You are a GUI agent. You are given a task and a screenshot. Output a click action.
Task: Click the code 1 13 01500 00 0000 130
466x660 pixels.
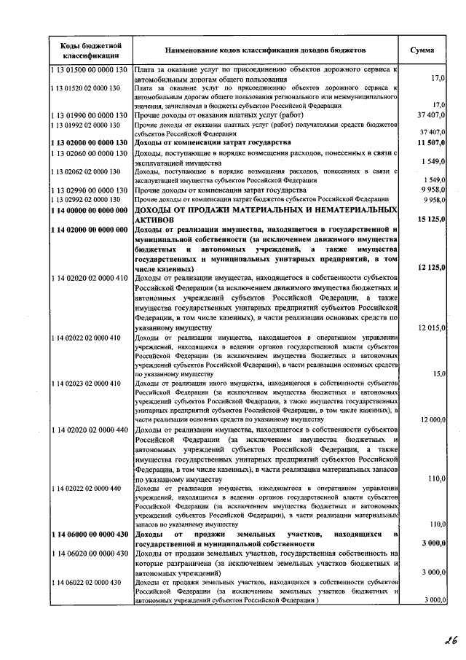click(90, 70)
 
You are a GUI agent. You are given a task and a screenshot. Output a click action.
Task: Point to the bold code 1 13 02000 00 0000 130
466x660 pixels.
click(90, 142)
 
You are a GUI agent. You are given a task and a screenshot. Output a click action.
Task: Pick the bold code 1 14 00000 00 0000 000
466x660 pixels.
click(90, 210)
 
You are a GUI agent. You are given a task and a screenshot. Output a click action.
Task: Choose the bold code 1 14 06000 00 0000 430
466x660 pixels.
click(90, 535)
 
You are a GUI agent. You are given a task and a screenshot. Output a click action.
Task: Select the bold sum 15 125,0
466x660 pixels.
click(427, 220)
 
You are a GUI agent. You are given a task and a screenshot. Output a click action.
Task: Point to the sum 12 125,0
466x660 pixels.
click(427, 268)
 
